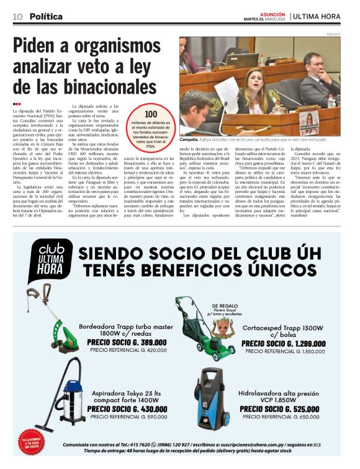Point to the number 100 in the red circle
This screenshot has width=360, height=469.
(x=151, y=114)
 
